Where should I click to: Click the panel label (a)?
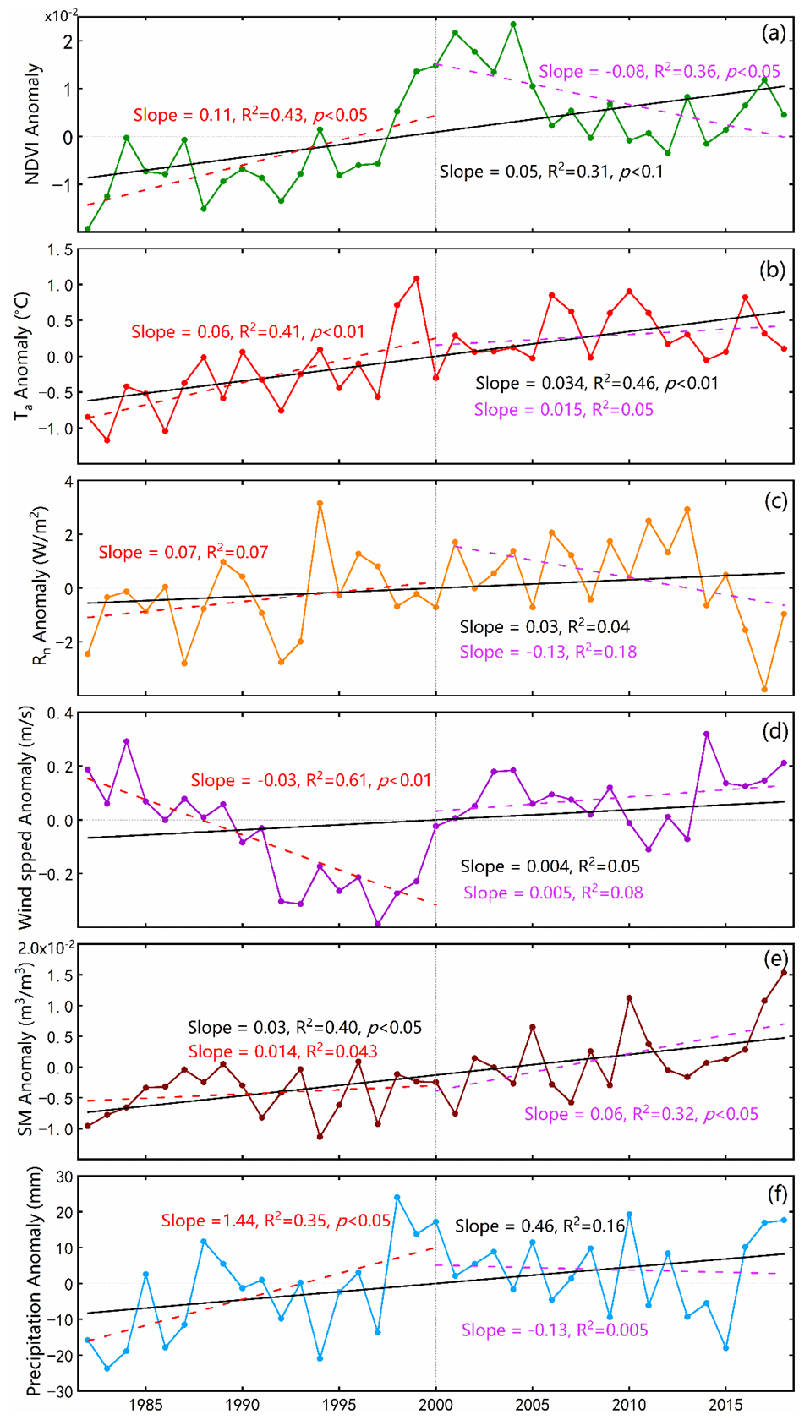pyautogui.click(x=773, y=33)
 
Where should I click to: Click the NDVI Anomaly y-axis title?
pyautogui.click(x=32, y=123)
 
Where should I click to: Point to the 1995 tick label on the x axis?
pyautogui.click(x=339, y=1404)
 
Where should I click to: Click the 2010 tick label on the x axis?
pyautogui.click(x=629, y=1404)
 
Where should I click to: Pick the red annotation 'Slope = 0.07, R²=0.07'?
pyautogui.click(x=183, y=552)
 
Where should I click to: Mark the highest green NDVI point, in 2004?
pyautogui.click(x=513, y=25)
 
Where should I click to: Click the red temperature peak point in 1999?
pyautogui.click(x=416, y=278)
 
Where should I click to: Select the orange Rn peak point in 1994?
pyautogui.click(x=320, y=503)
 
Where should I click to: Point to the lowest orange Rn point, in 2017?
pyautogui.click(x=764, y=690)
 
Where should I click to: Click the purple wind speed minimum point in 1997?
pyautogui.click(x=378, y=924)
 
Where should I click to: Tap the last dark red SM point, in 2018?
pyautogui.click(x=784, y=973)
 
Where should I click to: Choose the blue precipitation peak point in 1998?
pyautogui.click(x=397, y=1198)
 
